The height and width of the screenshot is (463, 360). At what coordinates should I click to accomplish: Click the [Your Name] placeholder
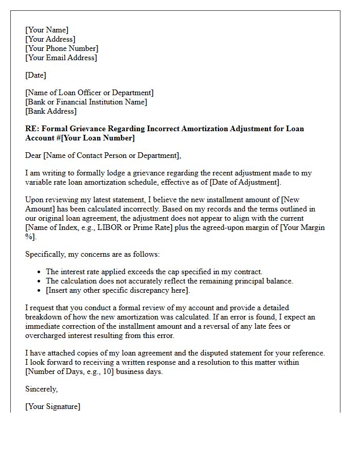pos(47,30)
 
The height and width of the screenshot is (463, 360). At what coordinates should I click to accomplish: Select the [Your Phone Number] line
pos(62,48)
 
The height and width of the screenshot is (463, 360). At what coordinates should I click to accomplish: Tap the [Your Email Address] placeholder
pos(61,58)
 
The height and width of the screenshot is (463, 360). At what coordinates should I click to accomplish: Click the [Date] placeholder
pos(35,75)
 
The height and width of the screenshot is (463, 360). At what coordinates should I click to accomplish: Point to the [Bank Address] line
pos(51,111)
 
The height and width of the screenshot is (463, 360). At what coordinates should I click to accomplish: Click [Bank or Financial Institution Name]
pos(86,102)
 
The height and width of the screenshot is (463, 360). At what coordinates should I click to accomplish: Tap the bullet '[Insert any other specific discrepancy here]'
pos(118,290)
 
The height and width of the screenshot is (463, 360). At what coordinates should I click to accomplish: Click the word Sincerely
pos(41,389)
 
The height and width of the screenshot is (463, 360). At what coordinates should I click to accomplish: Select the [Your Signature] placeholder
pos(52,406)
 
